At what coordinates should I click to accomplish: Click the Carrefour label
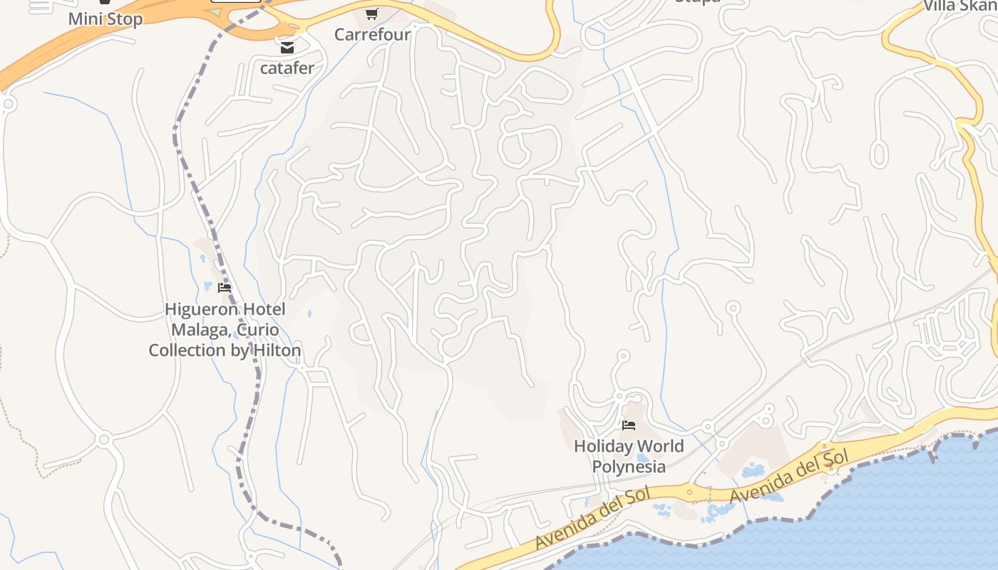pyautogui.click(x=372, y=34)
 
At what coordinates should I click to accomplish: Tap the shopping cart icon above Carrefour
pyautogui.click(x=371, y=14)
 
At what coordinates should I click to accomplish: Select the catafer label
pyautogui.click(x=287, y=68)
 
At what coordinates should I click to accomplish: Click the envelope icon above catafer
pyautogui.click(x=287, y=48)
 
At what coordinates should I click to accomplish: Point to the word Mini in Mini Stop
pyautogui.click(x=86, y=19)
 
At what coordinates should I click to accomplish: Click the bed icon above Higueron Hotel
pyautogui.click(x=225, y=288)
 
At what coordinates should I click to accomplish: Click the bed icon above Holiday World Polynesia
pyautogui.click(x=628, y=425)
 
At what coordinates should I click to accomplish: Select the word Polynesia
pyautogui.click(x=629, y=467)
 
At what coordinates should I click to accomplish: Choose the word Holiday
pyautogui.click(x=602, y=447)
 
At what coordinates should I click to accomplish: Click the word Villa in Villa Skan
pyautogui.click(x=940, y=6)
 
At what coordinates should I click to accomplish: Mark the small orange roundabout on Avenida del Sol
pyautogui.click(x=689, y=492)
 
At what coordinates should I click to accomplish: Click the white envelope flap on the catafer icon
pyautogui.click(x=287, y=46)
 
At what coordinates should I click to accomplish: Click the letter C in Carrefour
pyautogui.click(x=340, y=34)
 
